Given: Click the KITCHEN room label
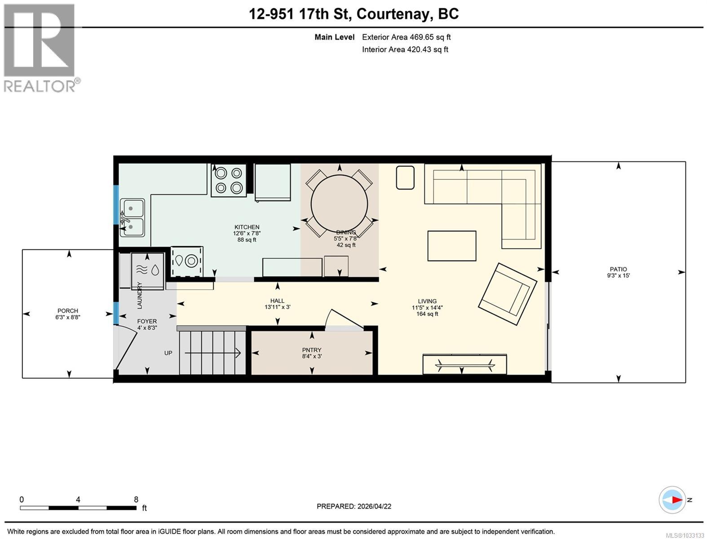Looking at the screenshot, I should click(247, 227).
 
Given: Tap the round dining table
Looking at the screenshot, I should click(339, 203).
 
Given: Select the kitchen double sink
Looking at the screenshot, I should click(132, 218).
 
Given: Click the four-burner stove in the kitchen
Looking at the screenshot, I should click(229, 180).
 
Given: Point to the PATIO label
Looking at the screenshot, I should click(618, 269).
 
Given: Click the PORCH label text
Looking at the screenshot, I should click(68, 311).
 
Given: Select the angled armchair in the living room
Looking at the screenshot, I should click(507, 294).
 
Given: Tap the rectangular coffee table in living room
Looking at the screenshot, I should click(451, 246).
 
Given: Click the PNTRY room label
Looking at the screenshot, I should click(311, 350).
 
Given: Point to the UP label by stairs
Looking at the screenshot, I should click(168, 353).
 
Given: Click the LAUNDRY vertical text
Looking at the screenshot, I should click(139, 295).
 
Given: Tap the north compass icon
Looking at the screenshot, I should click(672, 500).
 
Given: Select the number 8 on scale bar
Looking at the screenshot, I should click(136, 499).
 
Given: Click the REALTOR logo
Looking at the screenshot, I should click(40, 48).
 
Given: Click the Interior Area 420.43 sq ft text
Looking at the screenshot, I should click(405, 50).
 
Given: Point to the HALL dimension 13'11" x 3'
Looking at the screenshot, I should click(277, 307).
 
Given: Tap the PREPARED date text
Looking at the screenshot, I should click(354, 506).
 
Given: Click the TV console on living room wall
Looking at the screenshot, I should click(464, 364).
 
